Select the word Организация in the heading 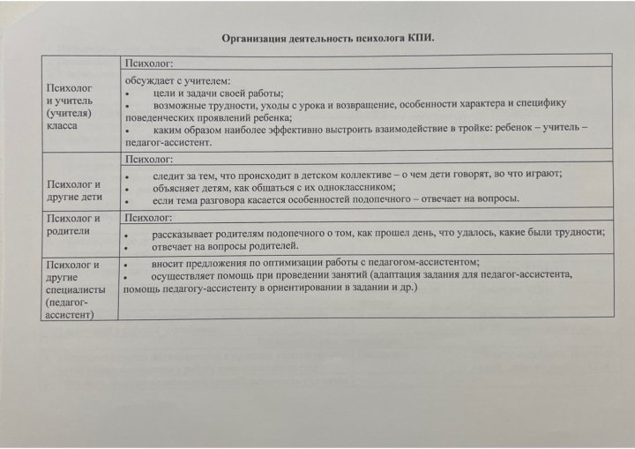click(x=251, y=38)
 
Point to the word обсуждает click(x=151, y=81)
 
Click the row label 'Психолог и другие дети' click(x=72, y=191)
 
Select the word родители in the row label click(x=68, y=230)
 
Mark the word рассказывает click(x=187, y=234)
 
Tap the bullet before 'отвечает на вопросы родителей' click(x=128, y=247)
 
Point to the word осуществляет click(x=185, y=275)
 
